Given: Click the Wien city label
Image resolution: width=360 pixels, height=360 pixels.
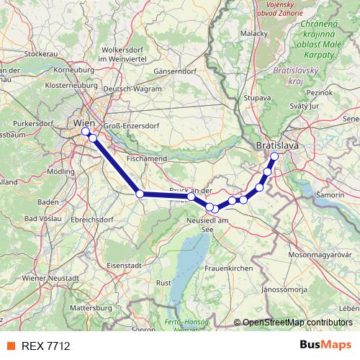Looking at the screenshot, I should pos(84,122).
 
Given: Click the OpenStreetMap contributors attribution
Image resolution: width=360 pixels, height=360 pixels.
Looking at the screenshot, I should pos(294,323).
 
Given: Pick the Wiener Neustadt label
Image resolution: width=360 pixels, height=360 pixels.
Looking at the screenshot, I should pos(50,278).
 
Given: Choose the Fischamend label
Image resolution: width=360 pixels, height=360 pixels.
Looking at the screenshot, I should pos(146,157).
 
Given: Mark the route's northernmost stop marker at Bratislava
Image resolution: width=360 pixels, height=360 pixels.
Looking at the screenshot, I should pos(274,156).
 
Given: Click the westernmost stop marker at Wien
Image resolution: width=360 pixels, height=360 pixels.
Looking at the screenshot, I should pos(86,132).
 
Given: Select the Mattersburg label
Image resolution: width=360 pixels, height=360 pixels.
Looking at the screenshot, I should pos(91,307).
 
